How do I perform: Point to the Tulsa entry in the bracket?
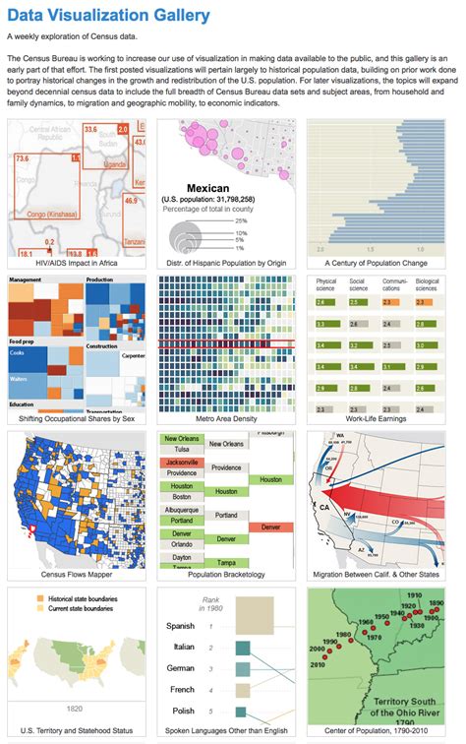tap(181, 450)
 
